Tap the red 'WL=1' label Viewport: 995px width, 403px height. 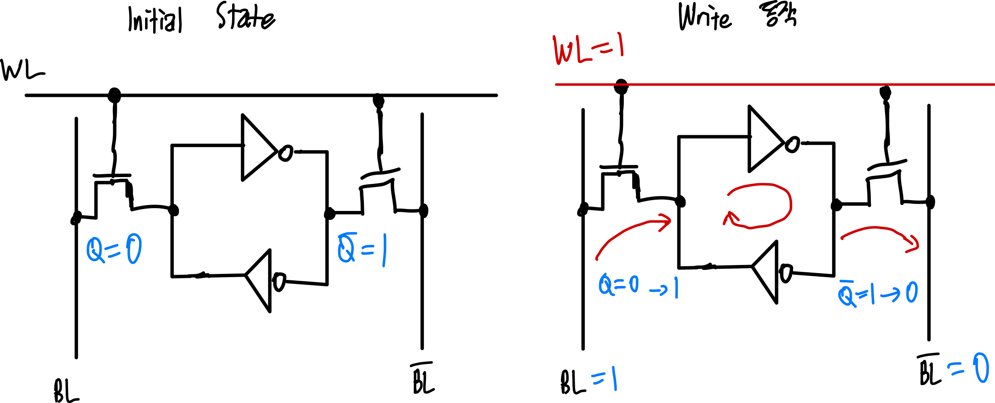pyautogui.click(x=589, y=49)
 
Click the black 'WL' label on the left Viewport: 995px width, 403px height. pyautogui.click(x=23, y=71)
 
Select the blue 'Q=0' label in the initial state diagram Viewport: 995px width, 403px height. pyautogui.click(x=114, y=249)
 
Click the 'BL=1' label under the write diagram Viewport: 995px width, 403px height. pyautogui.click(x=589, y=381)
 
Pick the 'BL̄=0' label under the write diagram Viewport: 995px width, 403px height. pyautogui.click(x=953, y=370)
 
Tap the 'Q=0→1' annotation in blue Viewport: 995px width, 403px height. pyautogui.click(x=639, y=286)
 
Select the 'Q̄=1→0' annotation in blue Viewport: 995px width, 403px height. pyautogui.click(x=878, y=293)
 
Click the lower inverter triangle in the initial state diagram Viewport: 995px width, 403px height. pyautogui.click(x=258, y=281)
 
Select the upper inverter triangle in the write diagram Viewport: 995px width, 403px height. pyautogui.click(x=766, y=139)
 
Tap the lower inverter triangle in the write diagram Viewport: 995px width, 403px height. pyautogui.click(x=765, y=272)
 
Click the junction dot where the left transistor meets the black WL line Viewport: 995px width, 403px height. pyautogui.click(x=114, y=96)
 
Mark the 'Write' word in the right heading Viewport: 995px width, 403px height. pyautogui.click(x=705, y=17)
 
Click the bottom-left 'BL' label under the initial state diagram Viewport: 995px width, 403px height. pyautogui.click(x=66, y=390)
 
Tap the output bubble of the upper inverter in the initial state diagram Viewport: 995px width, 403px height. pyautogui.click(x=285, y=153)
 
